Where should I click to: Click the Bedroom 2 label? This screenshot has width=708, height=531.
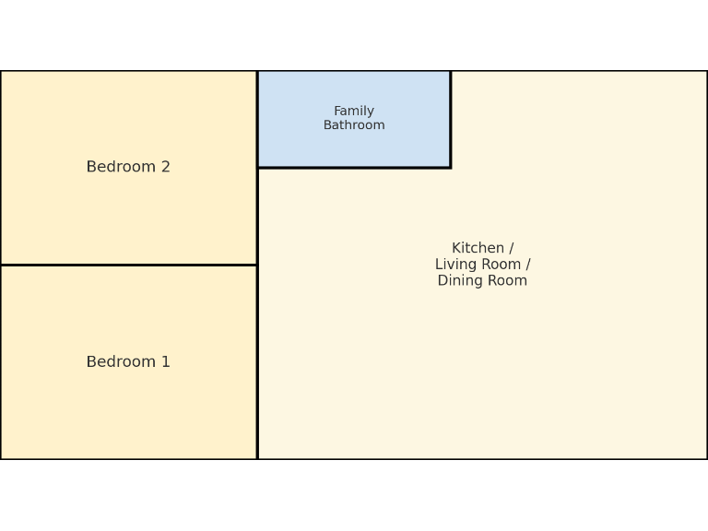tap(128, 167)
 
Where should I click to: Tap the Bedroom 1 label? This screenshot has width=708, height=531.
tap(128, 362)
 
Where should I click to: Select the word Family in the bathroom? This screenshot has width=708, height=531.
tap(354, 112)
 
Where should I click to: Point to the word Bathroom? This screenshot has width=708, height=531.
tap(354, 125)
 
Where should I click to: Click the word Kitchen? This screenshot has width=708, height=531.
tap(478, 248)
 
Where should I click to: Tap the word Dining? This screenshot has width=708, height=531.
tap(461, 281)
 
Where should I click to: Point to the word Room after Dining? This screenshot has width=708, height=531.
tap(507, 281)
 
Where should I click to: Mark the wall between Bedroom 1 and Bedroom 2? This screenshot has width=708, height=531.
tap(128, 265)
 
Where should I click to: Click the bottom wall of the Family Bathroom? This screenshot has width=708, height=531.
tap(354, 168)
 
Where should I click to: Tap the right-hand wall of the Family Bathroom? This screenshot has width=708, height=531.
tap(451, 119)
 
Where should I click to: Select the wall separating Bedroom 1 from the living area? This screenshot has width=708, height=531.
tap(257, 362)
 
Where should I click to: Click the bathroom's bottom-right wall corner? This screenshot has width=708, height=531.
tap(451, 168)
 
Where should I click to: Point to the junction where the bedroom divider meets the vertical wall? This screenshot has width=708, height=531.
tap(257, 265)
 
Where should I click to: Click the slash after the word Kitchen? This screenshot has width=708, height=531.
tap(511, 248)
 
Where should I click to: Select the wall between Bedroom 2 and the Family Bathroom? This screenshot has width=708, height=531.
tap(257, 119)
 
